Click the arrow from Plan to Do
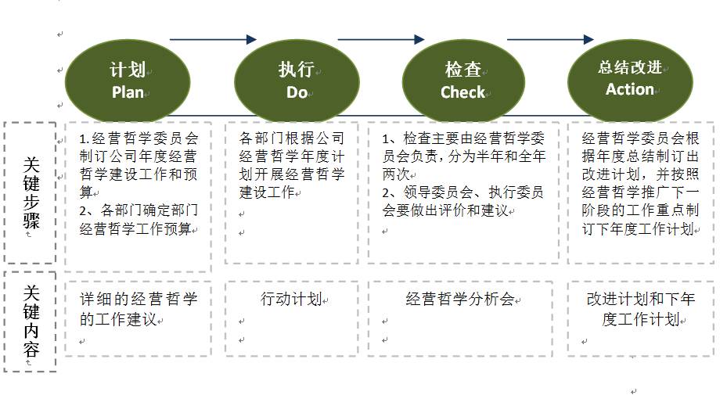[213, 39]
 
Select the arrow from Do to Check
[380, 39]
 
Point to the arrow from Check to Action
[550, 39]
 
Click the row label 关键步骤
[31, 192]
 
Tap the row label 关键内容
[31, 321]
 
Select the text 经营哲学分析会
[460, 299]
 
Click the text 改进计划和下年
[640, 299]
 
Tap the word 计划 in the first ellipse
[128, 70]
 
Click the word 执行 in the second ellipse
[297, 70]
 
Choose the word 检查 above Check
[463, 70]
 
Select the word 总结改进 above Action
[630, 66]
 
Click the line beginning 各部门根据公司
[291, 138]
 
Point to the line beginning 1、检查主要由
[462, 138]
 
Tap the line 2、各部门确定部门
[139, 210]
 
